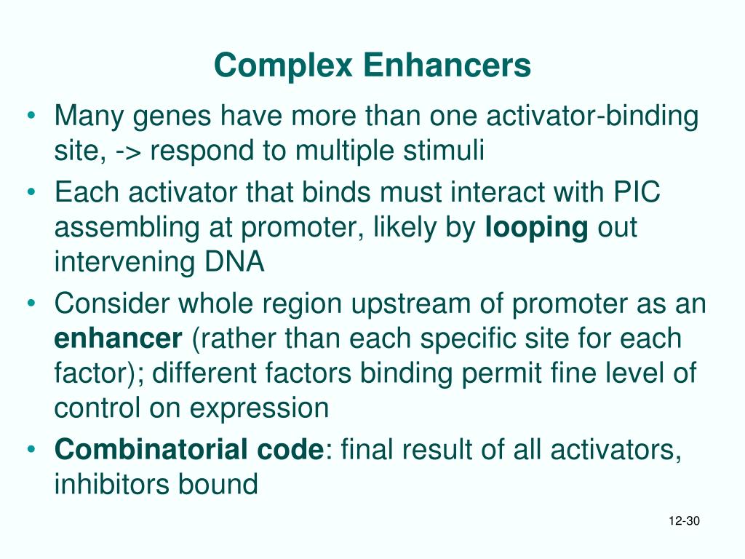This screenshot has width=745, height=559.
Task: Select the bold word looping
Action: (537, 228)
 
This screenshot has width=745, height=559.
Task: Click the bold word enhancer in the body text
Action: (119, 338)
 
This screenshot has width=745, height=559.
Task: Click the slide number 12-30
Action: (683, 521)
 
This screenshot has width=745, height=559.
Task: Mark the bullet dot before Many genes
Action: (31, 116)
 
